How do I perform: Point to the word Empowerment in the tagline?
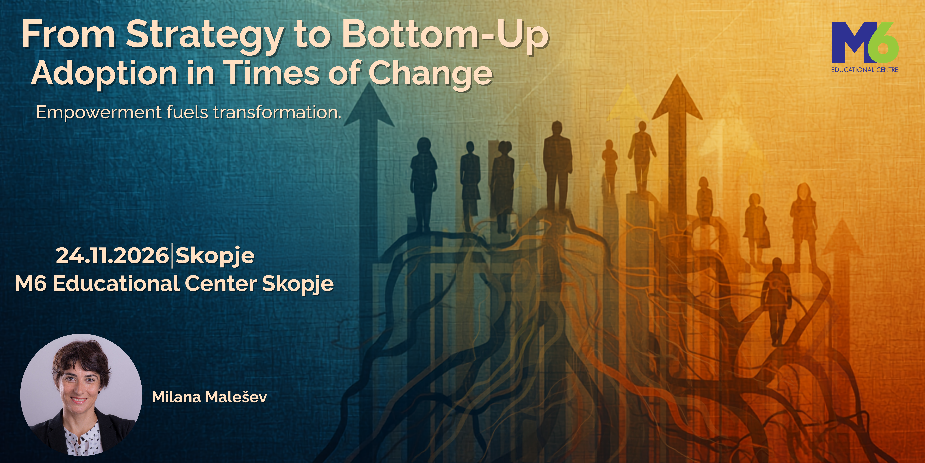click(99, 113)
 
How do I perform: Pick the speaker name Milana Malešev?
click(209, 397)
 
